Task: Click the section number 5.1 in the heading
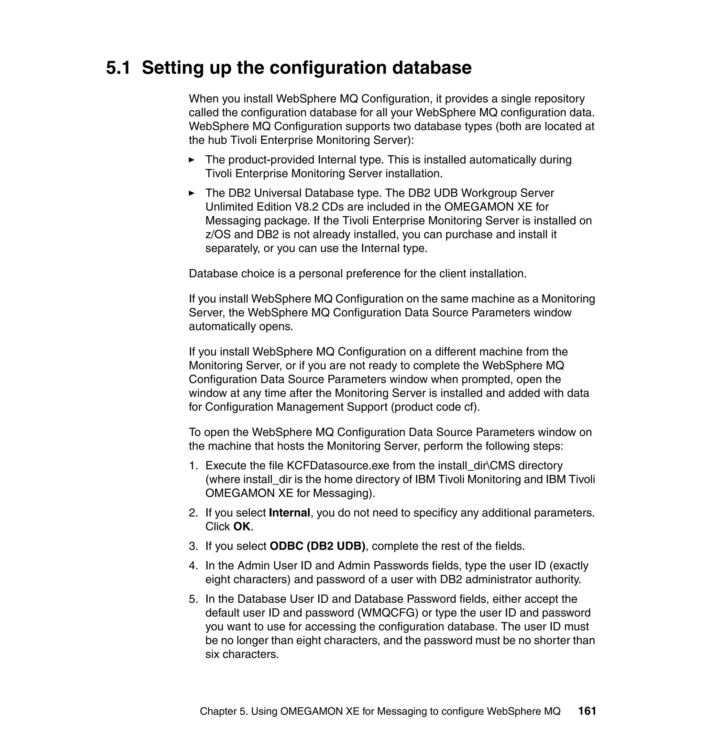pyautogui.click(x=118, y=68)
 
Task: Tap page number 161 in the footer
pyautogui.click(x=587, y=711)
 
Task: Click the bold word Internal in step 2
pyautogui.click(x=289, y=513)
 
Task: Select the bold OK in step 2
pyautogui.click(x=242, y=527)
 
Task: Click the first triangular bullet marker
pyautogui.click(x=192, y=160)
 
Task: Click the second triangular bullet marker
pyautogui.click(x=192, y=193)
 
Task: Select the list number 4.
pyautogui.click(x=193, y=566)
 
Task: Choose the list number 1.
pyautogui.click(x=193, y=466)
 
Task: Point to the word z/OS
pyautogui.click(x=218, y=234)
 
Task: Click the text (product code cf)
pyautogui.click(x=435, y=407)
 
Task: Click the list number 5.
pyautogui.click(x=193, y=599)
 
